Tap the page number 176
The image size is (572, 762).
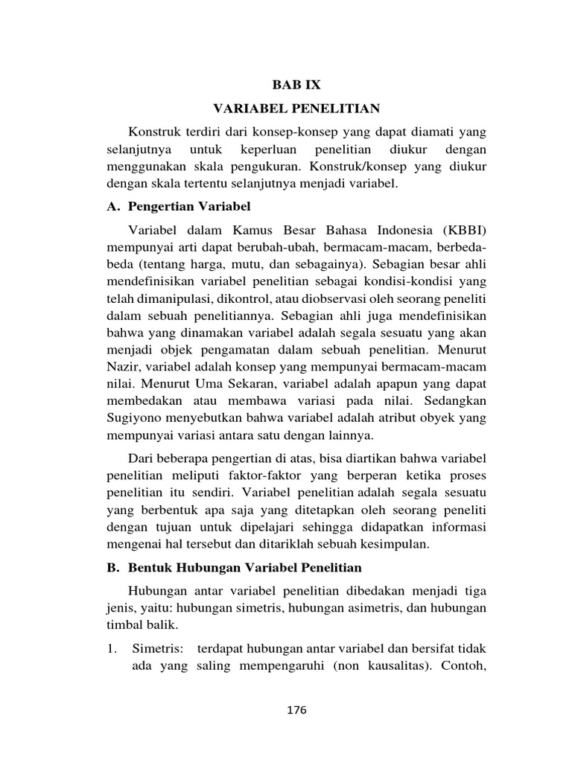pos(296,709)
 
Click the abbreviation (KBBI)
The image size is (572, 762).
pos(459,229)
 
